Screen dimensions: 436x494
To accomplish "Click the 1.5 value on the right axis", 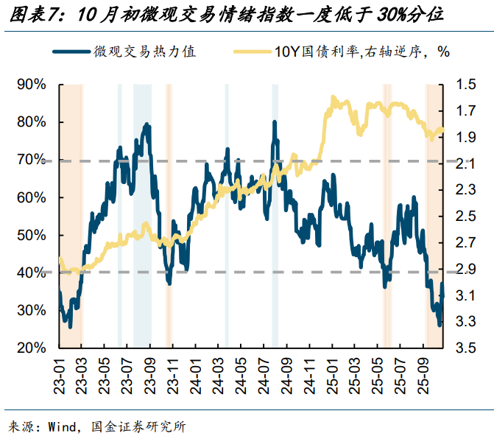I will click(x=465, y=85).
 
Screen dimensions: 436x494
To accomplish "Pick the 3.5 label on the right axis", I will click(x=465, y=348).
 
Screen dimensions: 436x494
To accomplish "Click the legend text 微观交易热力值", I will click(x=144, y=51).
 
